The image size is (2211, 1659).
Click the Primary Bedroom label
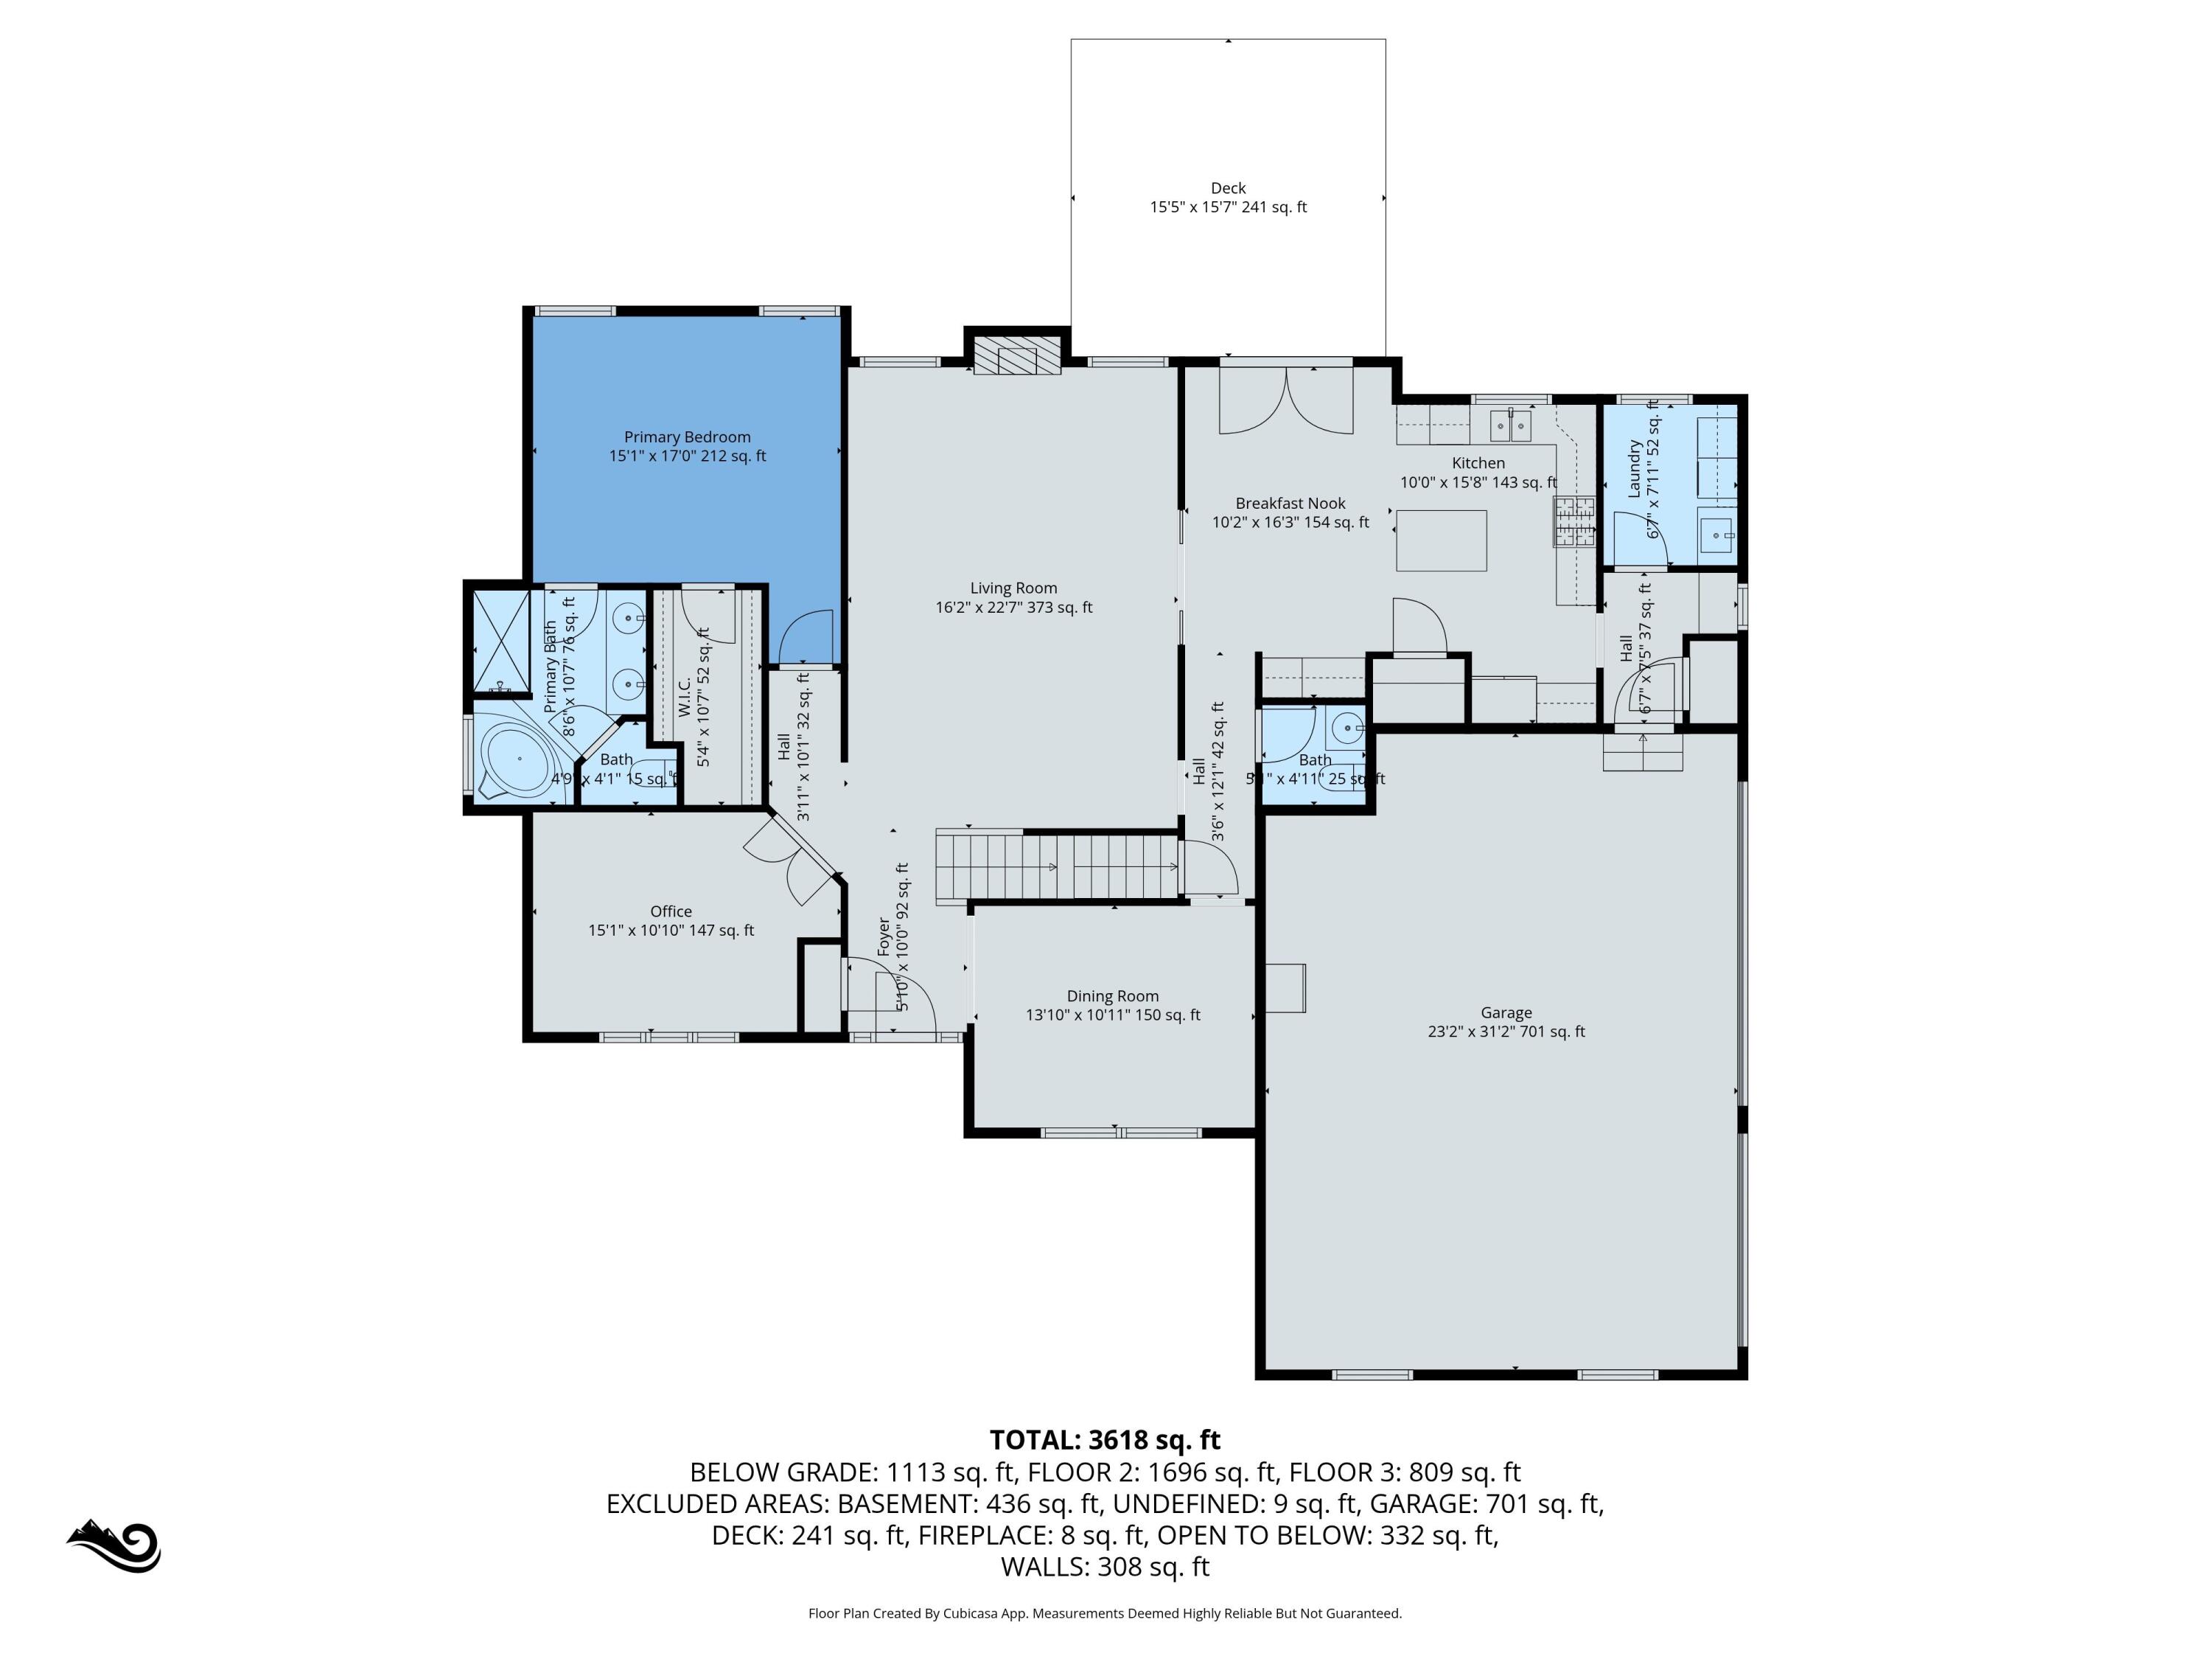687,437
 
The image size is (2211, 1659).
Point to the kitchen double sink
1510,426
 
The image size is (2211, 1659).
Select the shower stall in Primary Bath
500,640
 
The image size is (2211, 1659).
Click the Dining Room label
1111,996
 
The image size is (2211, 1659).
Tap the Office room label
670,911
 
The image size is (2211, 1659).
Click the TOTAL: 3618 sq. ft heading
1105,1440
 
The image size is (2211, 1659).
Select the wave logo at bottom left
115,1546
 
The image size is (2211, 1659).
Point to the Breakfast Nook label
1290,503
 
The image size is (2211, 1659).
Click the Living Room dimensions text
1013,607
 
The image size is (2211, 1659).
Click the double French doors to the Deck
1285,400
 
